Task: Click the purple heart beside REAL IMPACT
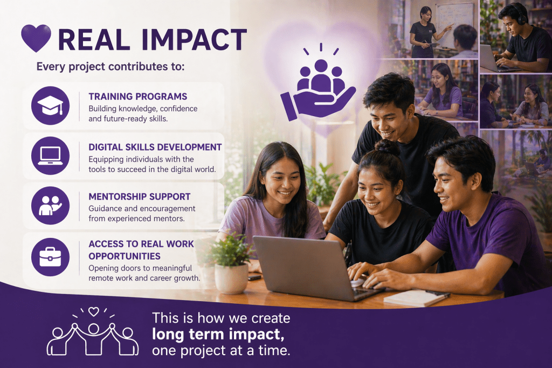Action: pyautogui.click(x=36, y=38)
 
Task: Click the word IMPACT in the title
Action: pyautogui.click(x=194, y=39)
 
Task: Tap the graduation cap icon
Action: pyautogui.click(x=50, y=105)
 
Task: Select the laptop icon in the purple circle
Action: pyautogui.click(x=50, y=155)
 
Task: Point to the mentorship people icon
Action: pyautogui.click(x=50, y=206)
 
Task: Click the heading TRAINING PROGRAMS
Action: pyautogui.click(x=137, y=97)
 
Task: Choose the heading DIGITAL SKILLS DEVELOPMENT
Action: pyautogui.click(x=155, y=147)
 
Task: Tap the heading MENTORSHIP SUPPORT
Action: pyautogui.click(x=140, y=196)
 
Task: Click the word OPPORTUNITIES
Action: pyautogui.click(x=125, y=256)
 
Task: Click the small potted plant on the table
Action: pyautogui.click(x=231, y=263)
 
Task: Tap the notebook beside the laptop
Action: pyautogui.click(x=416, y=298)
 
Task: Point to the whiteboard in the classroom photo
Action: pyautogui.click(x=454, y=25)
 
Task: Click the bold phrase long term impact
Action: pyautogui.click(x=218, y=335)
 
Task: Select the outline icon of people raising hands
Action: pyautogui.click(x=93, y=331)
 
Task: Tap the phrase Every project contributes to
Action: pyautogui.click(x=110, y=66)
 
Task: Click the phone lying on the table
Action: pyautogui.click(x=254, y=277)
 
